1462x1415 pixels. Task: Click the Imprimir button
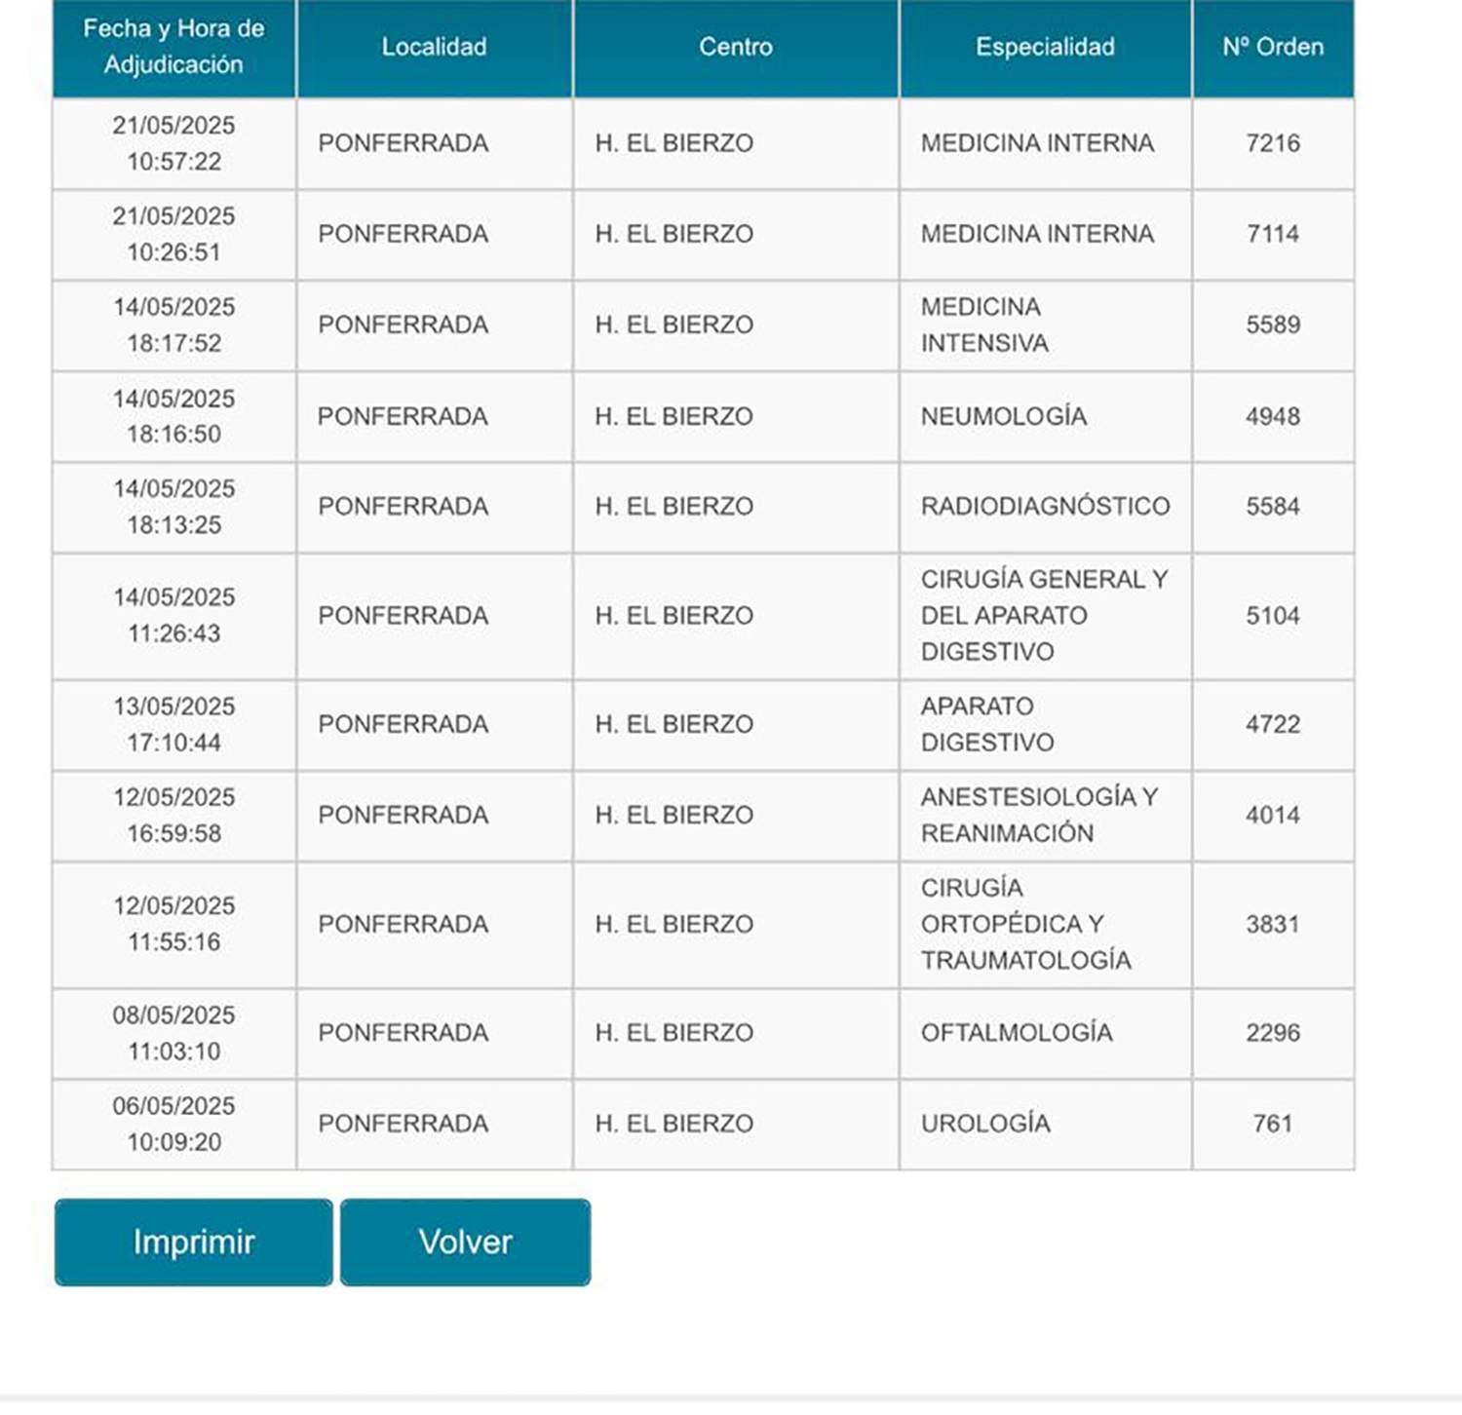point(193,1242)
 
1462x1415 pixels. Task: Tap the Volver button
point(465,1242)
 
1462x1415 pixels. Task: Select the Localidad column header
point(434,47)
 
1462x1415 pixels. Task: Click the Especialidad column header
point(1045,47)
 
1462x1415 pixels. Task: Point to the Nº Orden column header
point(1273,47)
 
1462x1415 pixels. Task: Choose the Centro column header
point(736,47)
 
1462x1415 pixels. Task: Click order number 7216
point(1273,143)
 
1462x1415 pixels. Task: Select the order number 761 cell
point(1273,1124)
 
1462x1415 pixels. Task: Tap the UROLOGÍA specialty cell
point(985,1124)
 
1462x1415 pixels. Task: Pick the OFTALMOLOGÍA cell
point(1017,1033)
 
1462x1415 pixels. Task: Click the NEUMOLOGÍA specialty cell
point(1004,416)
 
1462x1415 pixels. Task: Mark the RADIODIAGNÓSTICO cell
point(1045,507)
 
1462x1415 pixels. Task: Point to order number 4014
point(1273,815)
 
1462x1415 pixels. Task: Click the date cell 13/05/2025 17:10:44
point(174,724)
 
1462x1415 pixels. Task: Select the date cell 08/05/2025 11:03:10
point(174,1033)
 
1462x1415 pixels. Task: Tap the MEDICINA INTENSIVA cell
point(984,325)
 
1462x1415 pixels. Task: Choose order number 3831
point(1273,924)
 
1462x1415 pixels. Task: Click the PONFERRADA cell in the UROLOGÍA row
point(403,1124)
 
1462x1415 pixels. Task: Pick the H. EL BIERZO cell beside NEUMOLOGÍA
point(674,416)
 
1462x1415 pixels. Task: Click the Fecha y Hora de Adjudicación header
point(174,47)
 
